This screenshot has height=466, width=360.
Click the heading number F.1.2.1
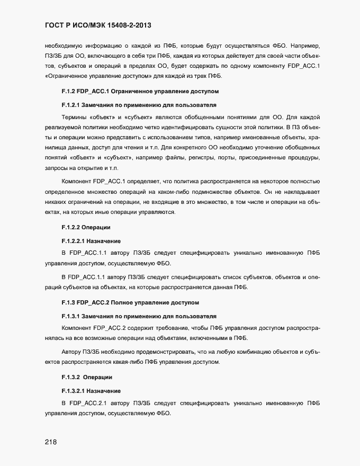[x=73, y=105]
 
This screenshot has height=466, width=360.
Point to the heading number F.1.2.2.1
[x=76, y=240]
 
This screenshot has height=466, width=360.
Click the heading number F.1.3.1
[x=73, y=316]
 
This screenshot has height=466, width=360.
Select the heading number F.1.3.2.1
[x=76, y=391]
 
